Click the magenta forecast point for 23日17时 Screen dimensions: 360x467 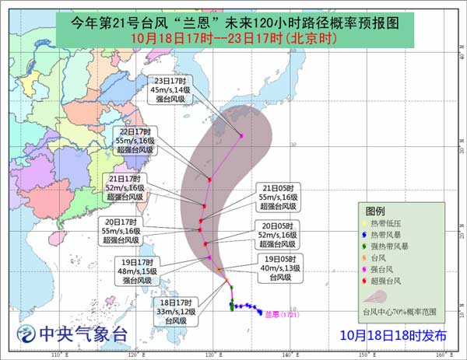pos(241,136)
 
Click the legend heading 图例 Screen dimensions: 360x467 pos(375,211)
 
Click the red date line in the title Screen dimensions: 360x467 pos(233,37)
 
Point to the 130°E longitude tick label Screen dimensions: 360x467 pos(210,355)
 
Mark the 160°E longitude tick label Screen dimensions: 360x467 pos(440,355)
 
